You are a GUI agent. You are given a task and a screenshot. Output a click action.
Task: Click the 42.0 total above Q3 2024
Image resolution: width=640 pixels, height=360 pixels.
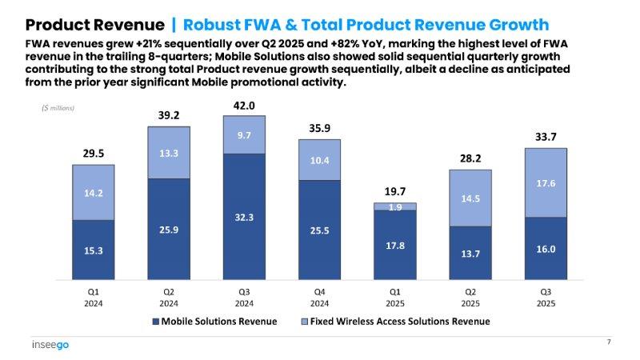(x=244, y=106)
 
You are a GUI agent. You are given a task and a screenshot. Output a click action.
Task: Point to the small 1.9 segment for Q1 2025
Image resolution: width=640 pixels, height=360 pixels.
(x=395, y=206)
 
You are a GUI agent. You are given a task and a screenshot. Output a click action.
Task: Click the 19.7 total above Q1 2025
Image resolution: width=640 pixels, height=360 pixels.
(x=395, y=192)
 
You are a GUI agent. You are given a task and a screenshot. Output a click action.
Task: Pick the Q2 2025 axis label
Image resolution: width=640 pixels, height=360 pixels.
(x=470, y=298)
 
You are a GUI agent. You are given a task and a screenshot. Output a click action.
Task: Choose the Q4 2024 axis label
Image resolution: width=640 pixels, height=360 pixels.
(x=319, y=298)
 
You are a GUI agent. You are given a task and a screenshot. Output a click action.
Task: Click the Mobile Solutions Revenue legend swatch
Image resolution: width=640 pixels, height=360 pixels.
(x=155, y=322)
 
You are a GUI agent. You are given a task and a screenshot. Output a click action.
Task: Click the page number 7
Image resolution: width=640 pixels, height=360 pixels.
(x=609, y=342)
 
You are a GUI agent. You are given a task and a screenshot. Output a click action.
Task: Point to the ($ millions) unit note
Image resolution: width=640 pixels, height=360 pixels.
(x=58, y=107)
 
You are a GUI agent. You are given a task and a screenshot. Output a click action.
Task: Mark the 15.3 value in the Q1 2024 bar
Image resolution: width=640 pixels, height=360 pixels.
(x=93, y=250)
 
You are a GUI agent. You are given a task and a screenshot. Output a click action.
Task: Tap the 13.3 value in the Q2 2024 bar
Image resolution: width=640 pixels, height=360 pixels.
(x=168, y=153)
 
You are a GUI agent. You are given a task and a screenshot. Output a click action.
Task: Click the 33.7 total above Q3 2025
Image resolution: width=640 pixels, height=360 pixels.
(x=546, y=138)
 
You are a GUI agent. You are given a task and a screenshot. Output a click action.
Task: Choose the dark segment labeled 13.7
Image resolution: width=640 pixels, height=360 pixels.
(x=470, y=254)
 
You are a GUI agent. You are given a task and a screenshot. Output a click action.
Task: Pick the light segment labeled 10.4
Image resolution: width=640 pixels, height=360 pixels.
(x=319, y=161)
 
